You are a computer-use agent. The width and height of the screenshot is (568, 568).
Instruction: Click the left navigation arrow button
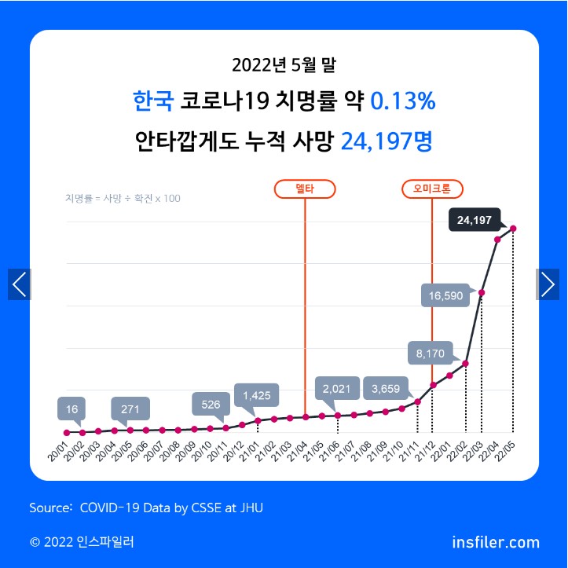tap(20, 284)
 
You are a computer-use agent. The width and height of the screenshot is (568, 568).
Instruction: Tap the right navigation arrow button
tap(548, 284)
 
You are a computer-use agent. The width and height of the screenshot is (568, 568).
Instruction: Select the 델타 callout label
tap(304, 189)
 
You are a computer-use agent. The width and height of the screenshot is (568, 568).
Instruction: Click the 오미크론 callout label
tap(432, 189)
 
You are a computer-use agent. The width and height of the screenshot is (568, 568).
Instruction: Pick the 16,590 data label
tap(446, 296)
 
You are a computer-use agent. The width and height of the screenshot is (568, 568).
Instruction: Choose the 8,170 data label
tap(431, 354)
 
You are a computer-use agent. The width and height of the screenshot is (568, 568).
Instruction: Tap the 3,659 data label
tap(386, 388)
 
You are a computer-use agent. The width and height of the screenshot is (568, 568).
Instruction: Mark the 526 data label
tap(211, 404)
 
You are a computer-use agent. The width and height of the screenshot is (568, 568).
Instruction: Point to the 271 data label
tap(130, 409)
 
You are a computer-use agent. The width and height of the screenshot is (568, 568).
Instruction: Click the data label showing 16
tap(72, 409)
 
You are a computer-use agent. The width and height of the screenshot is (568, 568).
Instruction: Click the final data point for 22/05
tap(513, 229)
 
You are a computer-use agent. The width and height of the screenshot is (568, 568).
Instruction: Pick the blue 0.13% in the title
tap(402, 101)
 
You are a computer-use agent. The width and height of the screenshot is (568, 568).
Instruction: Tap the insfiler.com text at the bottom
tap(496, 542)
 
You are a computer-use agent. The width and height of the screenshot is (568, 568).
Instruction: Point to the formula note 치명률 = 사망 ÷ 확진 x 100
tap(123, 198)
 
